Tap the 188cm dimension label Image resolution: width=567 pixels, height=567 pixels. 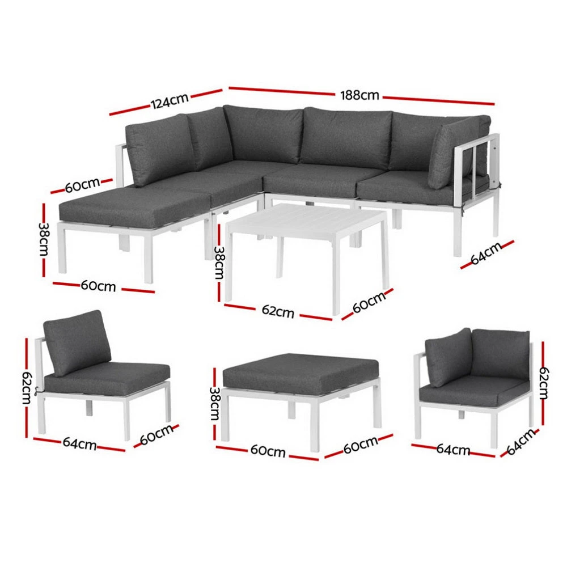pos(359,95)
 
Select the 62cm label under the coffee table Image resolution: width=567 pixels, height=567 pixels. pos(277,311)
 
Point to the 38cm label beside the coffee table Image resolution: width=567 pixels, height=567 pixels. pos(218,262)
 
